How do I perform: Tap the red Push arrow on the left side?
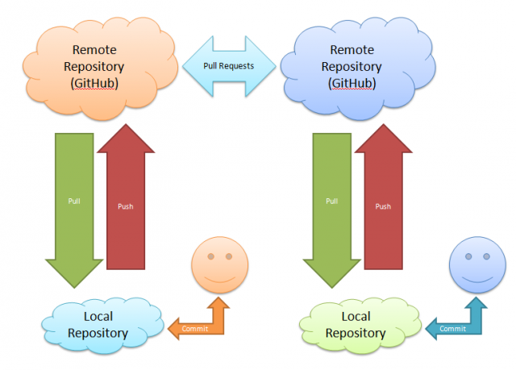point(125,206)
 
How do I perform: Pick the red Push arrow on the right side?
point(382,206)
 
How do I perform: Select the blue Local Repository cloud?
point(98,325)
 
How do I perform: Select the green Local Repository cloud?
point(356,325)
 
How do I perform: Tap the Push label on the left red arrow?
point(125,206)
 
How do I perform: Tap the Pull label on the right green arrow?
point(331,201)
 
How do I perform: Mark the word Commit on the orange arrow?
point(196,329)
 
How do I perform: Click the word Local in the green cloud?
point(356,317)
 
